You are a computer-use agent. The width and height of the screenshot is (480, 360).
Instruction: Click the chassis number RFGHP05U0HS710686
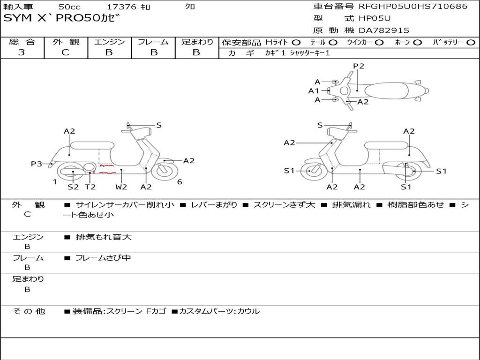pos(413,7)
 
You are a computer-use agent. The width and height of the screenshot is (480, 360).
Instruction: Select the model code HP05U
pos(375,18)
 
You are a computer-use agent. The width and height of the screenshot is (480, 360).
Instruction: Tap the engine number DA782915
pos(384,30)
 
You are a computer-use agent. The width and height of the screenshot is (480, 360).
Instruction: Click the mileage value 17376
pos(121,7)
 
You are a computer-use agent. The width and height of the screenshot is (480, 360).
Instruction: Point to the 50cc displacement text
pos(69,7)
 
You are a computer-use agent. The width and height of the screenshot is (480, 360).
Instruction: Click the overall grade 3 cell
pos(22,52)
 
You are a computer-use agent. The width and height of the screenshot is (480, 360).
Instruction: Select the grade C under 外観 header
pos(66,52)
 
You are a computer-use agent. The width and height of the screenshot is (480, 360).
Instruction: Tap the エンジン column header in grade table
pos(109,42)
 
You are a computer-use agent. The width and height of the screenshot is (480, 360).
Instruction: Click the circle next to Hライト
pos(296,43)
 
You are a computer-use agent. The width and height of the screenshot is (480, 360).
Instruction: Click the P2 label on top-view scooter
pos(359,66)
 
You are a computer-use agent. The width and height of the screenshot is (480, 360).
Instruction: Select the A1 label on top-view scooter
pos(314,91)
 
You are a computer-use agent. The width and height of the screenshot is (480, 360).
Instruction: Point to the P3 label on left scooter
pos(37,164)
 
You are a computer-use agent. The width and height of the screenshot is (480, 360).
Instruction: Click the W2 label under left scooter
pos(121,187)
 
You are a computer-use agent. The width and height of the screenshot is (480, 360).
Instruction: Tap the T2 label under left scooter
pos(90,187)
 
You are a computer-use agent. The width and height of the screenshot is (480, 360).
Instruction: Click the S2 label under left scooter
pos(73,187)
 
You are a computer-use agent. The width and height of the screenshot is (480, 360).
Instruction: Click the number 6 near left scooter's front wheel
pos(180,182)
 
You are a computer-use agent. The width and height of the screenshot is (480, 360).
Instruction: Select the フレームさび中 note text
pos(104,258)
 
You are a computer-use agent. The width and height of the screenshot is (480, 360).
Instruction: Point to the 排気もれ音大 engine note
pos(104,237)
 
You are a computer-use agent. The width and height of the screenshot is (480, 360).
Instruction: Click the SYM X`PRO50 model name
pos(61,19)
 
